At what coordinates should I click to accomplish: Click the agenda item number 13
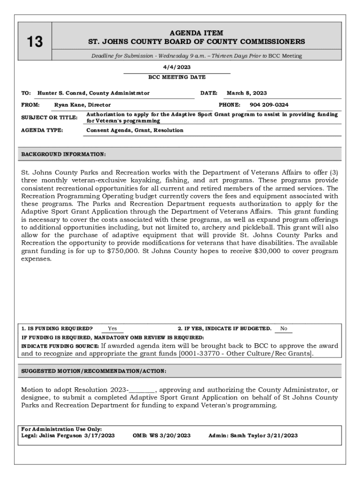point(34,42)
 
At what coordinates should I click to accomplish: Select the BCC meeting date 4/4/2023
point(177,67)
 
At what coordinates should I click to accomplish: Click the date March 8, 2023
point(247,93)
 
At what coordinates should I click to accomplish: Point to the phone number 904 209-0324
point(269,105)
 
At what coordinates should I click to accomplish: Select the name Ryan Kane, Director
point(82,105)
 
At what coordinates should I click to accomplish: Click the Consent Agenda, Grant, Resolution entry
point(135,130)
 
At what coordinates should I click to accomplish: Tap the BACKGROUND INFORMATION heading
point(64,154)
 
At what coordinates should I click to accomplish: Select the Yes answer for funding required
point(112,328)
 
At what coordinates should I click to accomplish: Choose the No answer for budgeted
point(284,328)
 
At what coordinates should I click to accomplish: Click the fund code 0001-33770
point(202,354)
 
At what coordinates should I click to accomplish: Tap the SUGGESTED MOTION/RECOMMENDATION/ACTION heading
point(94,371)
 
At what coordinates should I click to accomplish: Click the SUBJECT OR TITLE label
point(49,117)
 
